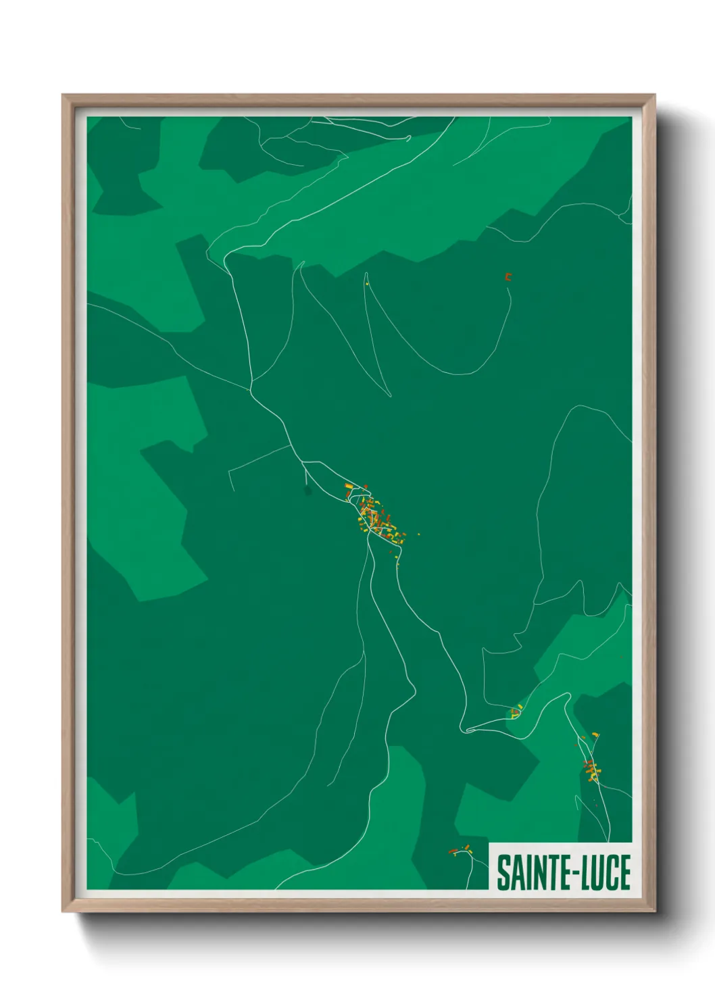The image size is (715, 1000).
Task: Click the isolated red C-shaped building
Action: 508,276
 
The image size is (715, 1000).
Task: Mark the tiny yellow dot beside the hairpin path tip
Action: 366,284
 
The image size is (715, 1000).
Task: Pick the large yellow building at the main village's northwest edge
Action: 348,485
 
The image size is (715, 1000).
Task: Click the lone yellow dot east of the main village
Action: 419,534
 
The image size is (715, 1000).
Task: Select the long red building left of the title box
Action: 453,851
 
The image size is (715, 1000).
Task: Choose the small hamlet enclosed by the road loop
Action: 516,711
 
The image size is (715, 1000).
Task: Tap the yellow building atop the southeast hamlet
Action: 595,734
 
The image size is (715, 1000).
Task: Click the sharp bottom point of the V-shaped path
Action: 390,396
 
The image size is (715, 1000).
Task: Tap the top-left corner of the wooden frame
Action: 62,95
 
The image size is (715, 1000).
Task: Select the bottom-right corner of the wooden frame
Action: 656,912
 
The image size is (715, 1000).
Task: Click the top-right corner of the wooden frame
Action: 656,95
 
